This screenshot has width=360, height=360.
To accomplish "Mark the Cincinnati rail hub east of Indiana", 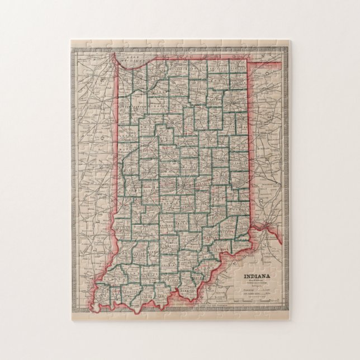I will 269,226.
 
